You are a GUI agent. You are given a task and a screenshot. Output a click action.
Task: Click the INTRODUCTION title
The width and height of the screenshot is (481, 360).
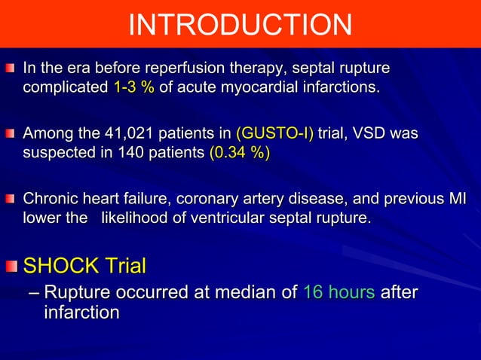tap(240, 26)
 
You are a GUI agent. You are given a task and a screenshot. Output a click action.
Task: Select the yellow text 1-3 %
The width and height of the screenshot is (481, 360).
tap(133, 88)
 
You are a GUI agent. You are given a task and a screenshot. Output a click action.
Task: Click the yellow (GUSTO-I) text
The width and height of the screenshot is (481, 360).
tap(275, 135)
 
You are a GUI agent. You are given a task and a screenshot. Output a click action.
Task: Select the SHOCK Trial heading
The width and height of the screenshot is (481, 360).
tap(85, 266)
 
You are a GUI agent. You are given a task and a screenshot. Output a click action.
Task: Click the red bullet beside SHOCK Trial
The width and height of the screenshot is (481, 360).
tap(13, 267)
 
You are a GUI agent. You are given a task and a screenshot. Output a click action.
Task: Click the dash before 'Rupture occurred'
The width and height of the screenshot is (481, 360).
tap(32, 293)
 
